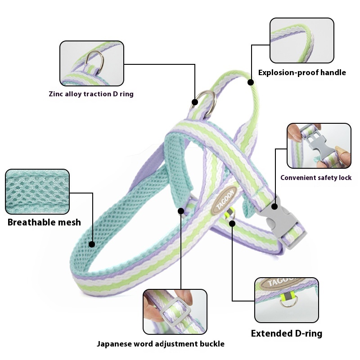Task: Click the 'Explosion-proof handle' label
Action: tap(302, 72)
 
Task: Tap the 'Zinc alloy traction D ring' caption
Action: tap(91, 94)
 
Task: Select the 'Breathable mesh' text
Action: tap(44, 222)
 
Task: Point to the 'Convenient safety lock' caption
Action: tap(316, 178)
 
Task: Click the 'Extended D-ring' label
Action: tap(286, 333)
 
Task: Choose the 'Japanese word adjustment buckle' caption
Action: tap(161, 344)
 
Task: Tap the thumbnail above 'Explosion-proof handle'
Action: tap(301, 40)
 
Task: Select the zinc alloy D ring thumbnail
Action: tap(92, 63)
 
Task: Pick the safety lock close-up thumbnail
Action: tap(319, 146)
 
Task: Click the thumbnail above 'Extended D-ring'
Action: tap(286, 300)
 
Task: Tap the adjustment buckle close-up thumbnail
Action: tap(175, 311)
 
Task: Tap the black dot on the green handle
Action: tap(251, 82)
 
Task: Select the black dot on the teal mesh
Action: tap(92, 244)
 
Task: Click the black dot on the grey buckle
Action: tap(274, 207)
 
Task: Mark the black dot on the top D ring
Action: tap(195, 102)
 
